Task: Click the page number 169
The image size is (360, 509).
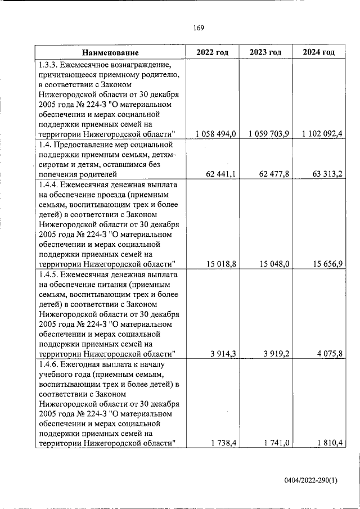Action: [x=197, y=28]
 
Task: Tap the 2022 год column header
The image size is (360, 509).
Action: [x=212, y=52]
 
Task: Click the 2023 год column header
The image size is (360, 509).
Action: [x=265, y=52]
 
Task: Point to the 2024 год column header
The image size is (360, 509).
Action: [x=319, y=52]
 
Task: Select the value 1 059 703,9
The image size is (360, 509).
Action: [x=268, y=134]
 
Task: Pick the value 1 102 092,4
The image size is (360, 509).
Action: [x=322, y=134]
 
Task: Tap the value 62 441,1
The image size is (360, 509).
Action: [x=221, y=174]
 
